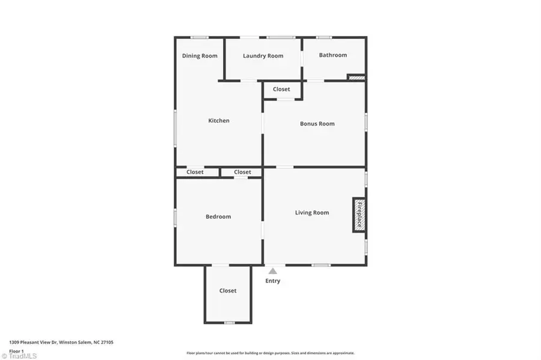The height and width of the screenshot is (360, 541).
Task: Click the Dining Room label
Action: [x=200, y=56]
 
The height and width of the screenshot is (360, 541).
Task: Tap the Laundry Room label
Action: [x=263, y=56]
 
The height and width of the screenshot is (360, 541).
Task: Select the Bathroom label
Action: [x=333, y=55]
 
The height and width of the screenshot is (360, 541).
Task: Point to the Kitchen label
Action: [x=219, y=120]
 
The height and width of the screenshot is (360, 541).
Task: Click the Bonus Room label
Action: [x=317, y=123]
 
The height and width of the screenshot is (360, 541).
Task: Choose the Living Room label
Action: [x=312, y=213]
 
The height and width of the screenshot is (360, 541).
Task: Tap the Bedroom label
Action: [x=218, y=216]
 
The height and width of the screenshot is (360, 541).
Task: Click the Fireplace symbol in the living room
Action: [x=359, y=215]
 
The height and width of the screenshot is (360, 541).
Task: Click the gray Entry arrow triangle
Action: [x=273, y=271]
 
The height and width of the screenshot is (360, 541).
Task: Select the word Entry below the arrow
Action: [x=272, y=281]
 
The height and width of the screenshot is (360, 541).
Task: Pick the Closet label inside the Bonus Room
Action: [x=281, y=89]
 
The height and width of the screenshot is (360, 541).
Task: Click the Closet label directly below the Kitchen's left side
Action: [x=195, y=172]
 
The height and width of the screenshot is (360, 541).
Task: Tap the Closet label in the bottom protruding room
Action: [x=228, y=291]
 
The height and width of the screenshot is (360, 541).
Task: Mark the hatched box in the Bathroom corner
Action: [x=356, y=78]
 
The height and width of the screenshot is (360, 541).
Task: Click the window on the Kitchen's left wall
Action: [x=175, y=128]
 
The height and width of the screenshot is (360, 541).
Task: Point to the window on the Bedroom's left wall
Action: [x=175, y=218]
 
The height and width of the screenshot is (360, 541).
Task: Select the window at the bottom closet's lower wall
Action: [x=230, y=323]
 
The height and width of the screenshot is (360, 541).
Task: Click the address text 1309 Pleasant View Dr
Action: [x=33, y=343]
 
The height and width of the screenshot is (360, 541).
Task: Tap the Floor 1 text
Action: [x=16, y=351]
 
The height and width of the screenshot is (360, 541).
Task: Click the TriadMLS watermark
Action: [x=19, y=356]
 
